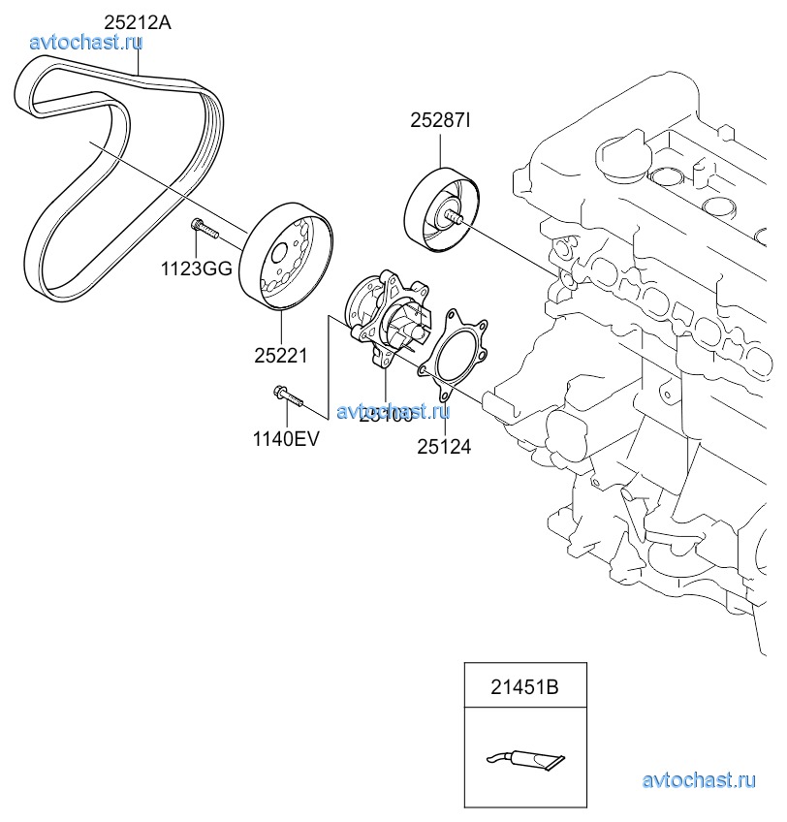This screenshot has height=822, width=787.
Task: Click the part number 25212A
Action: coord(138,20)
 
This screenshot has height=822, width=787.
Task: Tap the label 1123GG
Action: coord(196,269)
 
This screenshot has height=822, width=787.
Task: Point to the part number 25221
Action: coord(281,356)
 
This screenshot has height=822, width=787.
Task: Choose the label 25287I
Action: coord(440,121)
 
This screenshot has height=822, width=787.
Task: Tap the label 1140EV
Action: coord(286,437)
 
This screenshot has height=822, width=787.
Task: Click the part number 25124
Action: coord(444,447)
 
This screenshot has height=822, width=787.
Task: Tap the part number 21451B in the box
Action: coord(524,688)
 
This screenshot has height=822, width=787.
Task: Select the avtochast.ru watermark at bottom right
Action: coord(698,779)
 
